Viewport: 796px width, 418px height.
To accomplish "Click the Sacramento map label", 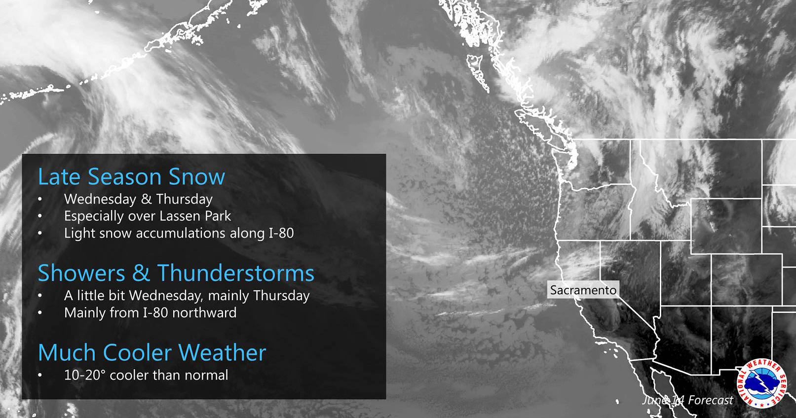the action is [x=583, y=290].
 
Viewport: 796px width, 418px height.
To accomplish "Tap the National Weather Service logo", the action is [x=762, y=383].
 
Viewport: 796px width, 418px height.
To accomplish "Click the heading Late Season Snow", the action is [x=131, y=176].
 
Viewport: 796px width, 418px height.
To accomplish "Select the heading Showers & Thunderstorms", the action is [x=176, y=273].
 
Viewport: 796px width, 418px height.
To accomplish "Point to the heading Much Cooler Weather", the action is [x=152, y=352].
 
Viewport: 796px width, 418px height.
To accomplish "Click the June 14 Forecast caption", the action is [x=687, y=400].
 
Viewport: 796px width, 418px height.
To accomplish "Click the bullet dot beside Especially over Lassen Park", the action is [x=40, y=216].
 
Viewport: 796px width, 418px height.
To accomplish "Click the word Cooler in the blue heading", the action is [x=138, y=352].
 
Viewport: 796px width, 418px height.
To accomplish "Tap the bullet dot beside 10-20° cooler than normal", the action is [x=40, y=376].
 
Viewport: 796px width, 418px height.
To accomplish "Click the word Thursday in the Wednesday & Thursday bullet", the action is [x=184, y=200].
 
